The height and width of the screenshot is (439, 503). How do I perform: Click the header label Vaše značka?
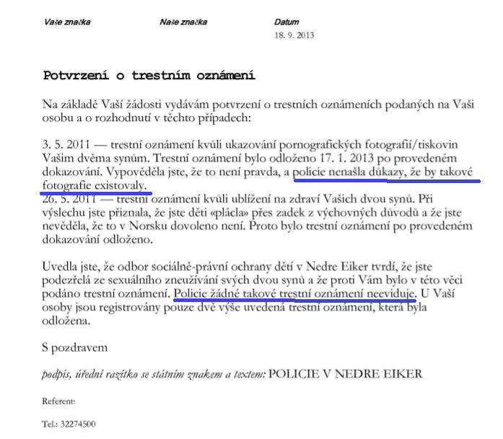(67, 22)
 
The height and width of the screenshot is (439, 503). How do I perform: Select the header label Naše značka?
(183, 22)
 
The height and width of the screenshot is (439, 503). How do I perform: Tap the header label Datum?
(286, 22)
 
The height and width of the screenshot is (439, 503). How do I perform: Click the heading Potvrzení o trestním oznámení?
(150, 75)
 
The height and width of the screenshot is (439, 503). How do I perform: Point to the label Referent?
(59, 401)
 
